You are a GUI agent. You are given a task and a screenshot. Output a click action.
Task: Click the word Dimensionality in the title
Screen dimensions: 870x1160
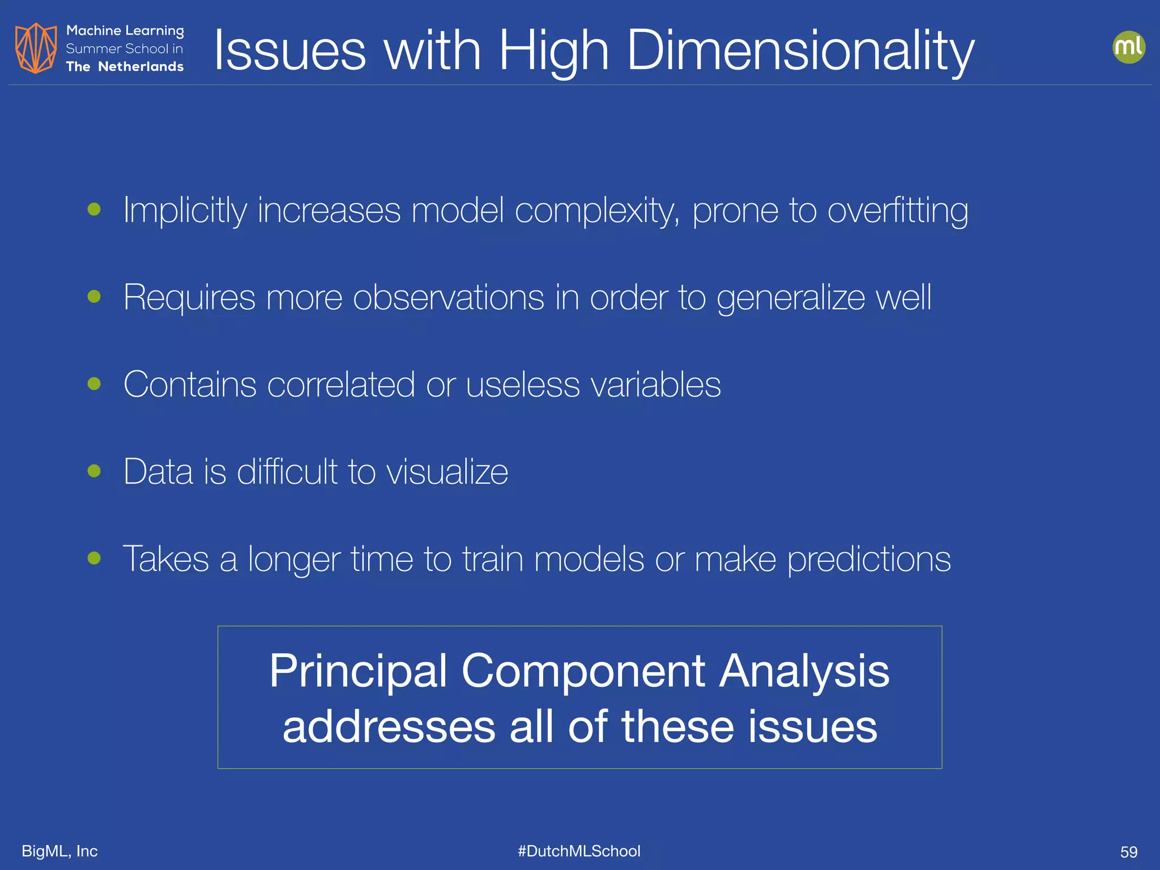point(800,51)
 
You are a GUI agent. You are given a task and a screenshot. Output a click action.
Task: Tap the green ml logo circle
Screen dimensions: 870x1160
point(1128,47)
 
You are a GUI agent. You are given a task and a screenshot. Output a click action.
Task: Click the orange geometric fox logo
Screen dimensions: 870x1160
point(36,48)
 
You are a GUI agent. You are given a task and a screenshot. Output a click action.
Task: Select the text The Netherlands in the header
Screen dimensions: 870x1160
point(125,67)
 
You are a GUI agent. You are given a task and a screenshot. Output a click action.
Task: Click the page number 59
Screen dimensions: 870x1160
point(1128,852)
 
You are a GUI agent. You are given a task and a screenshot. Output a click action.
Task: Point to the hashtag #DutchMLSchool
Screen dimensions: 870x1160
point(579,851)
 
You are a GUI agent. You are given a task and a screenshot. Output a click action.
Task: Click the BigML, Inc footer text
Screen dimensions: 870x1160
point(59,851)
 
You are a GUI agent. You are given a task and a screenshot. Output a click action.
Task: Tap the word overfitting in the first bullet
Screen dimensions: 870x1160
point(898,211)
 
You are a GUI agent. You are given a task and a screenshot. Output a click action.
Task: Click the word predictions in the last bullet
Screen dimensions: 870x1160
point(869,560)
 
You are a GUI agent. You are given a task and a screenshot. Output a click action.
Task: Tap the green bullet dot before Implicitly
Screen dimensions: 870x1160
point(95,210)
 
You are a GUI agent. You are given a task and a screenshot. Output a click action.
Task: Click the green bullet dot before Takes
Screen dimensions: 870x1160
point(95,558)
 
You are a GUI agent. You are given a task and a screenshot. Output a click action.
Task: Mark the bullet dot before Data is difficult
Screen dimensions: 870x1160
point(95,471)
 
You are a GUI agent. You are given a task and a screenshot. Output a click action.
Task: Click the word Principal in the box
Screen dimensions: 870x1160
point(358,672)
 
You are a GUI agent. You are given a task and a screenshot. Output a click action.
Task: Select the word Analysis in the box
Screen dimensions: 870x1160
point(804,672)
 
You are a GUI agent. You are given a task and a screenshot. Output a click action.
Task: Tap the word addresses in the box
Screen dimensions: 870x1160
point(389,727)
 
